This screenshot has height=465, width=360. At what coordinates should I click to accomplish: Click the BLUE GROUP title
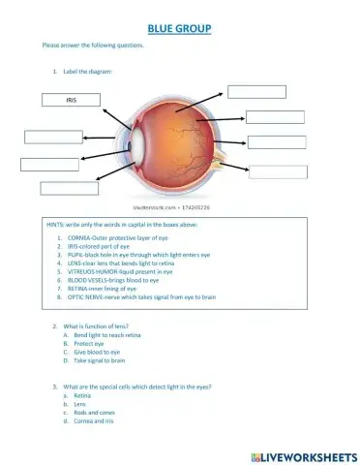pos(179,31)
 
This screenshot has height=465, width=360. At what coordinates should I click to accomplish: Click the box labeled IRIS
pos(71,100)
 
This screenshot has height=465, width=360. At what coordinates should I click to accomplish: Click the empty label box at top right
pos(256,92)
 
